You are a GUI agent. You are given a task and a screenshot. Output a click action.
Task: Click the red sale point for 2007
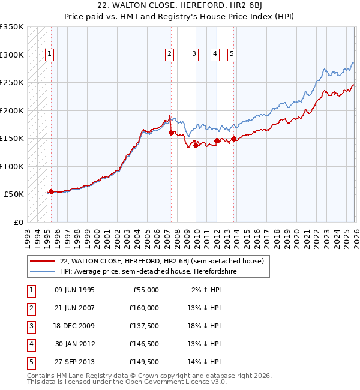point(172,133)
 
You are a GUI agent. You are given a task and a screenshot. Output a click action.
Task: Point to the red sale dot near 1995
point(51,191)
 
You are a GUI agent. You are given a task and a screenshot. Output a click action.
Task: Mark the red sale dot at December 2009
point(196,145)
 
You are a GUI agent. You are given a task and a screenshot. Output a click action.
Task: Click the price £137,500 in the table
point(144,326)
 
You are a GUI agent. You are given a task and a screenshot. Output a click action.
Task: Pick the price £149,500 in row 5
point(144,362)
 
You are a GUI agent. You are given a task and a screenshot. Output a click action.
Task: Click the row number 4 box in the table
point(30,344)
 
